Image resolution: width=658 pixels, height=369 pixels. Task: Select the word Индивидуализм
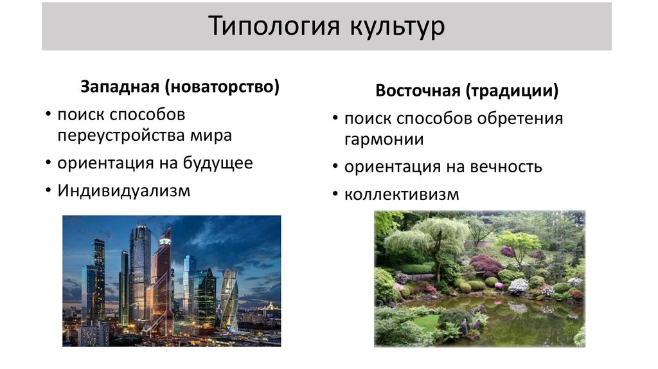(x=123, y=190)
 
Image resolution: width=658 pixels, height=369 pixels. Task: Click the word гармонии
(x=384, y=139)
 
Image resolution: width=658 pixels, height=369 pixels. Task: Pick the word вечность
(x=506, y=167)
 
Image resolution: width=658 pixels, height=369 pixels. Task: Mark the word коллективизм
(x=402, y=194)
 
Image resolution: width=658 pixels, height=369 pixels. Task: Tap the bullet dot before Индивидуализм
(x=48, y=191)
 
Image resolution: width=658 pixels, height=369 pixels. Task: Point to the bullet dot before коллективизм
(x=335, y=195)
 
